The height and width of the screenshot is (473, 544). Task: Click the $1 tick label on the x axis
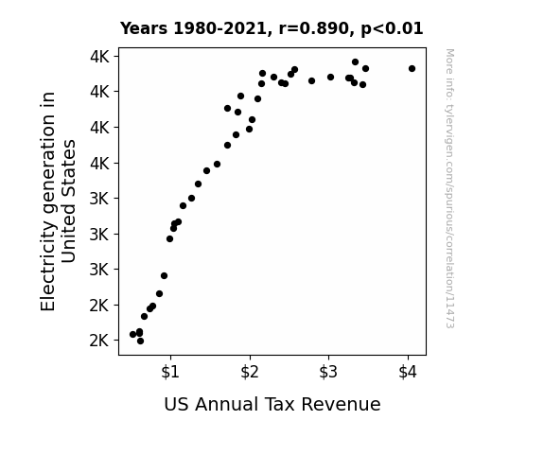click(170, 372)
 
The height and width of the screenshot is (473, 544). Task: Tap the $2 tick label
click(250, 372)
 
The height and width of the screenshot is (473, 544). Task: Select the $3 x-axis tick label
click(328, 372)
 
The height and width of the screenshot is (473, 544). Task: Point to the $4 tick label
click(408, 372)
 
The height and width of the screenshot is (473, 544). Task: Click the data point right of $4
click(412, 69)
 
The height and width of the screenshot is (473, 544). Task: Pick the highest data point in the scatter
click(355, 62)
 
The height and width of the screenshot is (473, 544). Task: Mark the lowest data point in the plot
click(140, 342)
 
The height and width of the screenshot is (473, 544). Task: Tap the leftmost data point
click(132, 335)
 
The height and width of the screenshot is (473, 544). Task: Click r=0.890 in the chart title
click(314, 28)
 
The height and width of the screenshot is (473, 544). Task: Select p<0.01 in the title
click(392, 29)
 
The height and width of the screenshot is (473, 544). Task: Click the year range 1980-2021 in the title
click(219, 28)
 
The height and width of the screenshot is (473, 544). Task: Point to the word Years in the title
click(144, 28)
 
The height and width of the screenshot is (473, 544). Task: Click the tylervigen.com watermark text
click(450, 188)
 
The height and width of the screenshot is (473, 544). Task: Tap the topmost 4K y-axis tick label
click(99, 57)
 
